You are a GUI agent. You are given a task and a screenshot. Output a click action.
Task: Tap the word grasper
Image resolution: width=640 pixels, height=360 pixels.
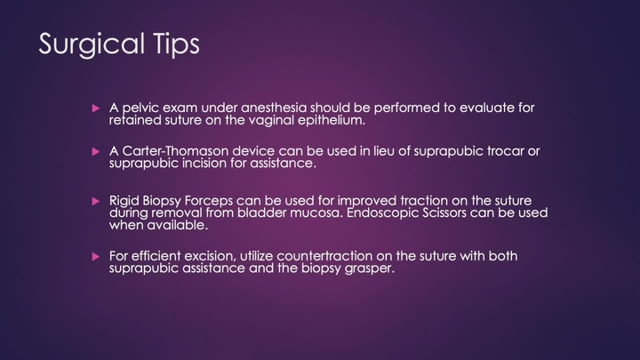point(367,268)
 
